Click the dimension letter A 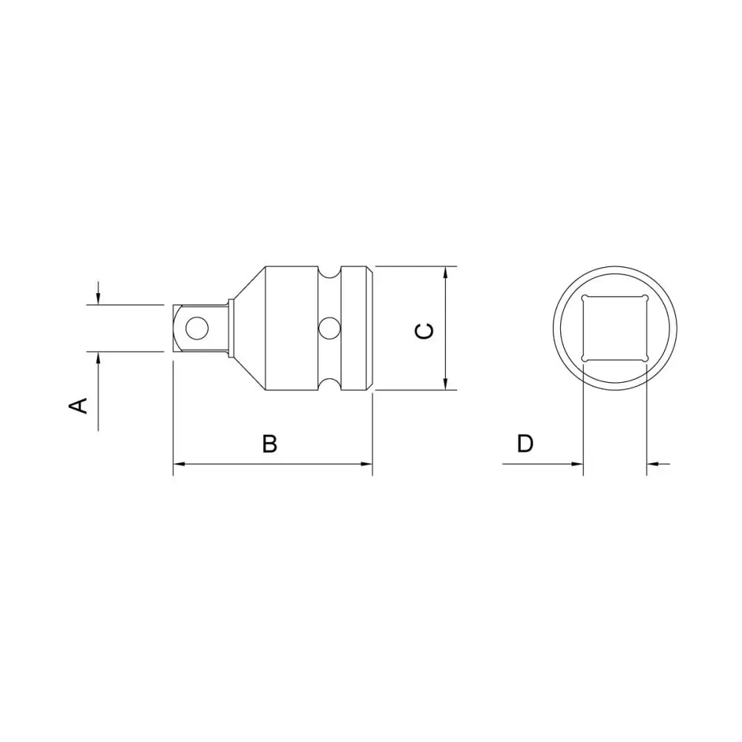click(79, 406)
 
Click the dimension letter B click(270, 444)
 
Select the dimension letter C click(424, 331)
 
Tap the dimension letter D click(525, 444)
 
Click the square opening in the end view click(614, 329)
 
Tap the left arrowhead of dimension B click(179, 464)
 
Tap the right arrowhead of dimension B click(367, 464)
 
